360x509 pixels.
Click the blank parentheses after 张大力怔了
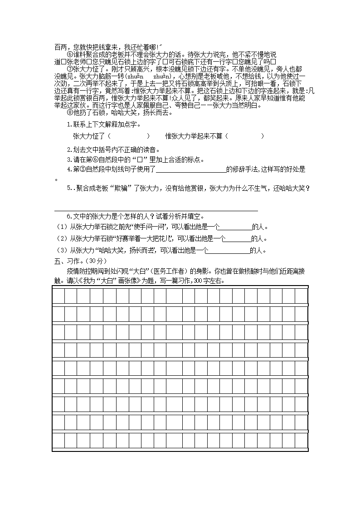129,136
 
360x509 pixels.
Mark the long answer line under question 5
156,210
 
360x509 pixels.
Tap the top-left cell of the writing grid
58,296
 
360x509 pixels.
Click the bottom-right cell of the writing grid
301,440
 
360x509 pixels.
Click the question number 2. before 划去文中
69,150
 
